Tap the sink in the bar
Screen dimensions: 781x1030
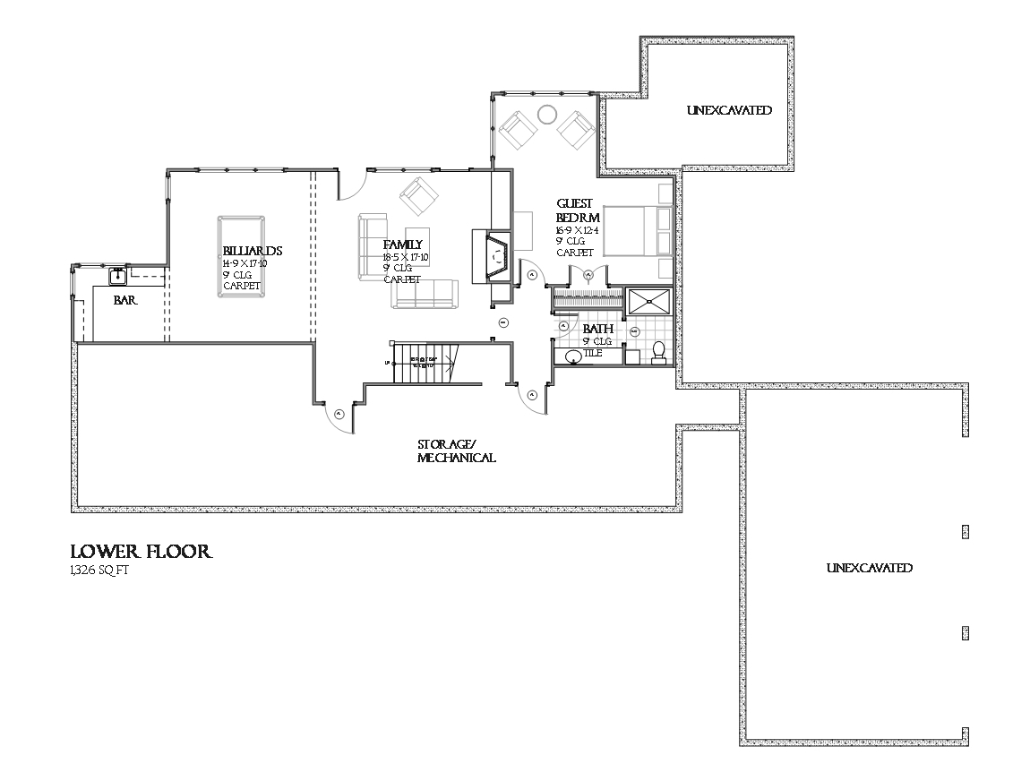pos(117,276)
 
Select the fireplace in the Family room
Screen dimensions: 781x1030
pos(491,256)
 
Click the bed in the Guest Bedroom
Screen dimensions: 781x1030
pos(637,231)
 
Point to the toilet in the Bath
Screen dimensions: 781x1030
pos(659,353)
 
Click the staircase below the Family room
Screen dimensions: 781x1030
pos(425,362)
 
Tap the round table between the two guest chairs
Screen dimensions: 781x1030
pos(546,114)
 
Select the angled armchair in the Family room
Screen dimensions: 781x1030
pos(418,194)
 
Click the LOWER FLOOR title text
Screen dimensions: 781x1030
pos(142,552)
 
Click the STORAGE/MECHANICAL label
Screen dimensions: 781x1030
pos(456,451)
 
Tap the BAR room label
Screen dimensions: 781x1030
pos(124,302)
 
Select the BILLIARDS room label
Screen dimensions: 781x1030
pos(253,251)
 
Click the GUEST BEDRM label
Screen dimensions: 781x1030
pos(577,210)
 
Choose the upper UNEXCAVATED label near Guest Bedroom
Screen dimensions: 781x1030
pos(729,111)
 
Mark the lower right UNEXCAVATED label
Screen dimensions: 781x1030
pos(869,569)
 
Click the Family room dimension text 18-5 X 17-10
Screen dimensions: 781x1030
pos(406,257)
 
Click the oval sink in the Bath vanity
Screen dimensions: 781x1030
pos(574,357)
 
